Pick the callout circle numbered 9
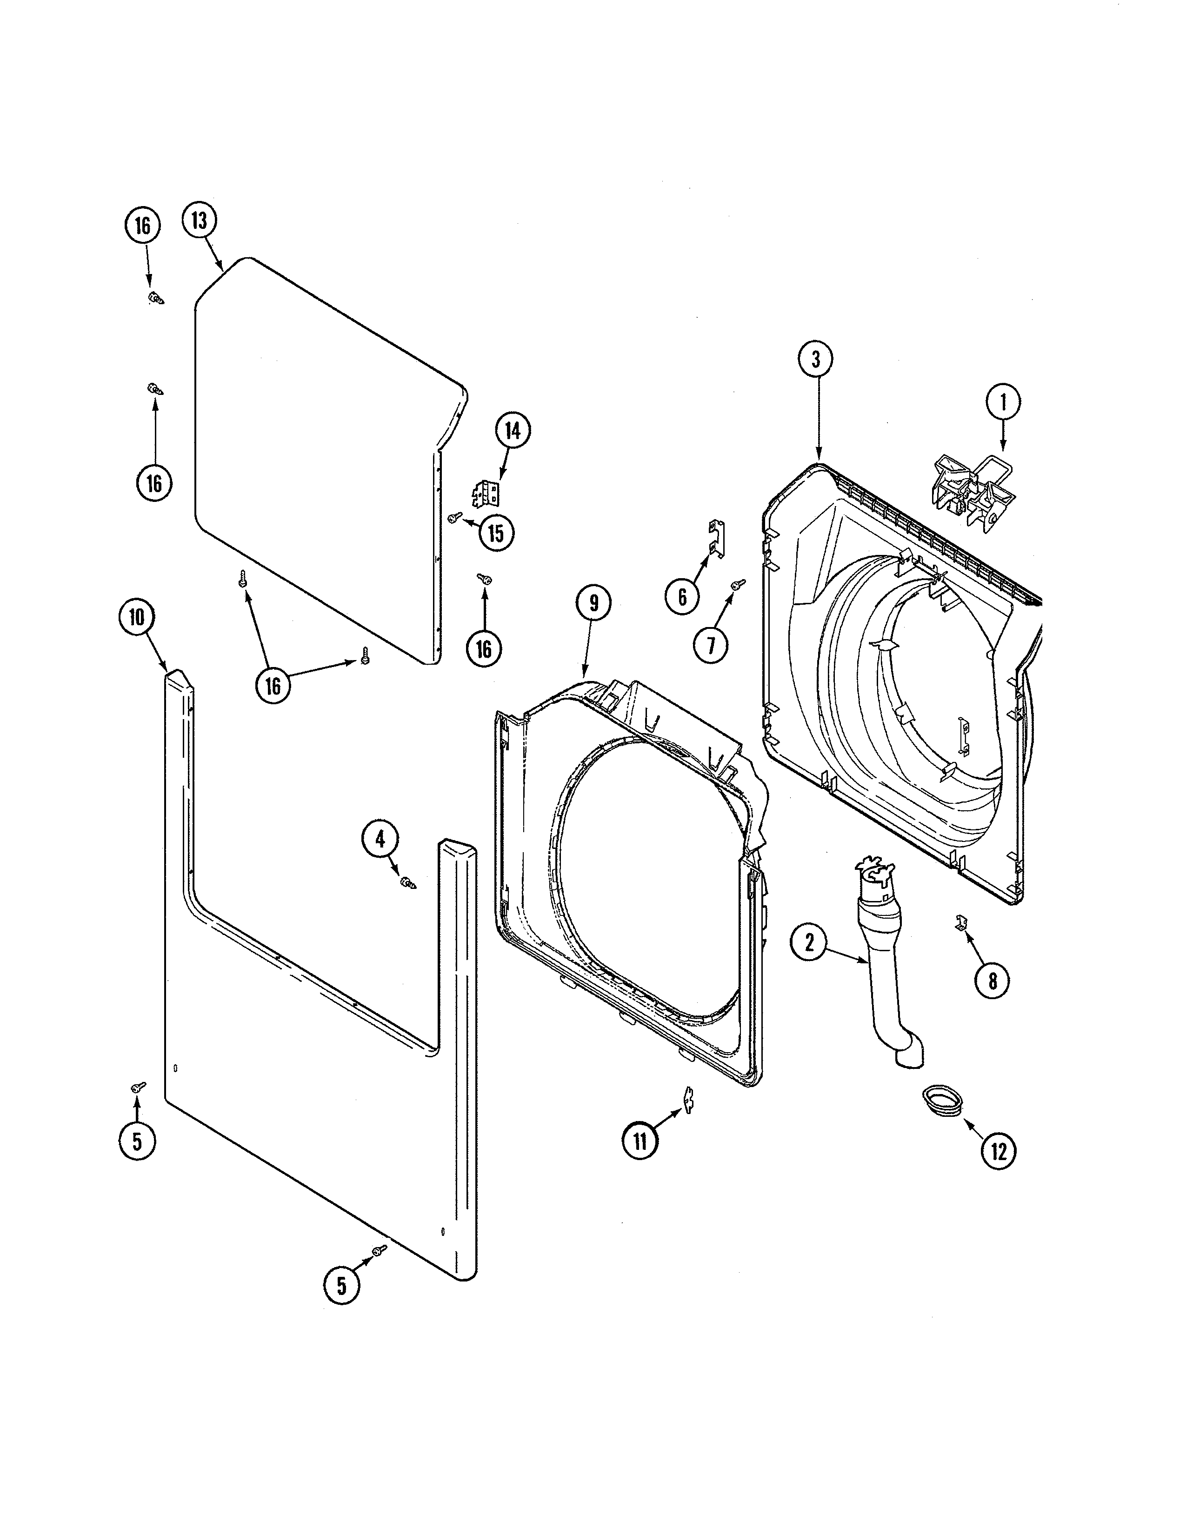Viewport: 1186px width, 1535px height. pyautogui.click(x=594, y=603)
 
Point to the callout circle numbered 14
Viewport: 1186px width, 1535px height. pyautogui.click(x=513, y=430)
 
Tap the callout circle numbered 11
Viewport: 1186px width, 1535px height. pyautogui.click(x=640, y=1141)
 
